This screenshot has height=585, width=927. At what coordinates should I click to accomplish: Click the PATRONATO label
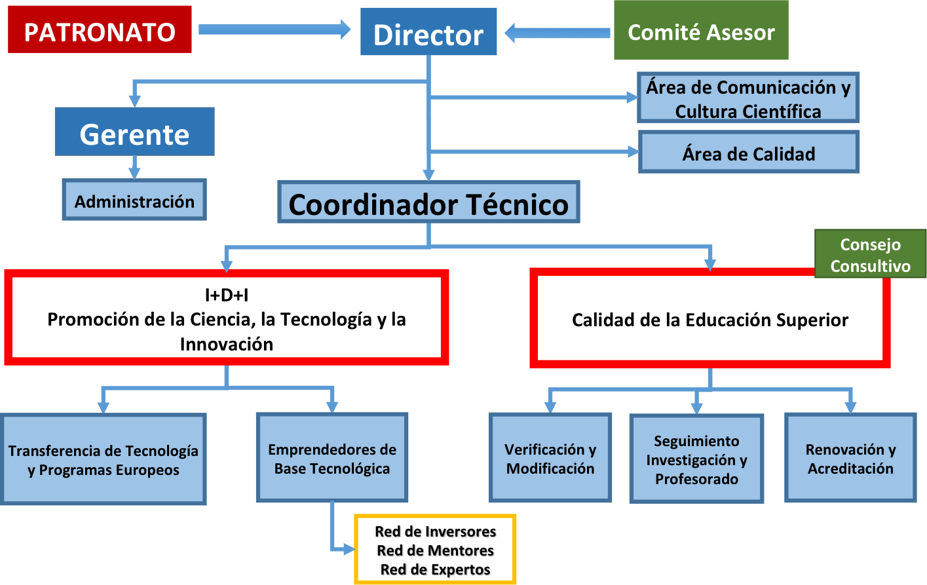point(100,32)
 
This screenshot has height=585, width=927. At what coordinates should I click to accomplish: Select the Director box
point(428,34)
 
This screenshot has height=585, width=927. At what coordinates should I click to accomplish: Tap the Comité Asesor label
point(701,32)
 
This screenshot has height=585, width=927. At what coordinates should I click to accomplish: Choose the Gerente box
point(134,134)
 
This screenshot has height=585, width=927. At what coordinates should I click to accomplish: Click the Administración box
point(134,200)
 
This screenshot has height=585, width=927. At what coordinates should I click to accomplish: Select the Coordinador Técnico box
point(428,203)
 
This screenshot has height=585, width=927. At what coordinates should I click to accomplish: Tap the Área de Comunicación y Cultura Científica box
point(747,99)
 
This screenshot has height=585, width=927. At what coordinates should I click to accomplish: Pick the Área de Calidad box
point(748,153)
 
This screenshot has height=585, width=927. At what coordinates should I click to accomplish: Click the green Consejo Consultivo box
point(870,254)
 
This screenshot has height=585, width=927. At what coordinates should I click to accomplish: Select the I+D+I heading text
point(227,295)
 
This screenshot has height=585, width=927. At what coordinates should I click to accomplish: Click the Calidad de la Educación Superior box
point(709,319)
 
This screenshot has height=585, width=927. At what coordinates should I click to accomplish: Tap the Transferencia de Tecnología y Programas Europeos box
point(103,460)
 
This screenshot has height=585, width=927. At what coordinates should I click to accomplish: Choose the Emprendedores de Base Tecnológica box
point(331,459)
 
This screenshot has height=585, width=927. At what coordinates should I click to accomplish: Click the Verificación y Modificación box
point(550,459)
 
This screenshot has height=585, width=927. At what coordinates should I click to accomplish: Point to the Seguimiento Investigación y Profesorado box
point(696,459)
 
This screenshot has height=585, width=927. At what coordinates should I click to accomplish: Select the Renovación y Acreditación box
point(850,459)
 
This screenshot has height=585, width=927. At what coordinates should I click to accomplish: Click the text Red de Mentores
point(435,550)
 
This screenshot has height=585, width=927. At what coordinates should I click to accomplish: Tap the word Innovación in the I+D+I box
point(227,344)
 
